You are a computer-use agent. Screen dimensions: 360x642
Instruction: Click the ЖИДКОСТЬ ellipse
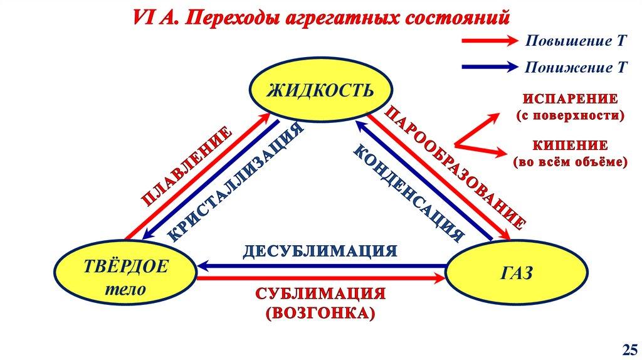point(320,90)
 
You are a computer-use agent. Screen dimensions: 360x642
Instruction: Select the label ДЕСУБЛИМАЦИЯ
point(320,251)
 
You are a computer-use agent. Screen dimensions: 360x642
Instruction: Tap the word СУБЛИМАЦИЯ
point(320,294)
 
